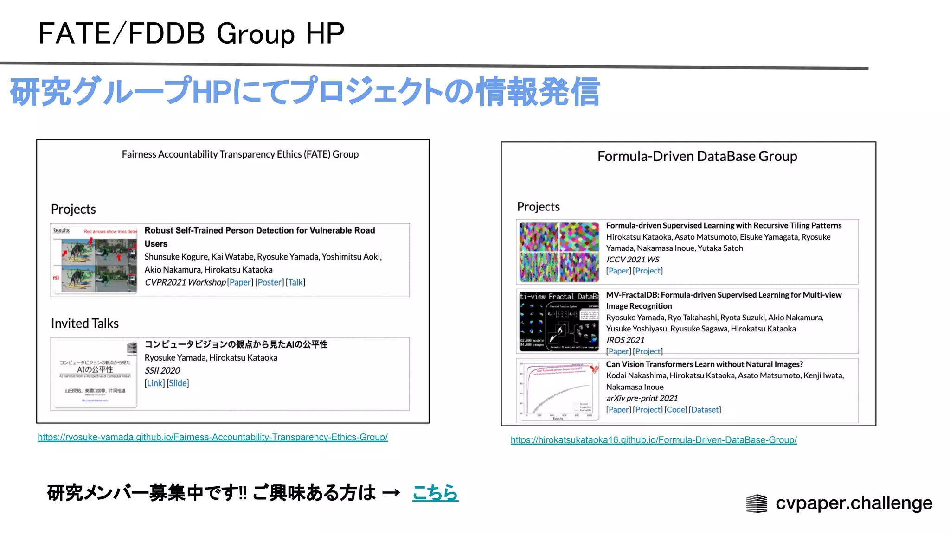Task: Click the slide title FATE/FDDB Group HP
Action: pos(191,33)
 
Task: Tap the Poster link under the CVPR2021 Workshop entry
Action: pos(269,282)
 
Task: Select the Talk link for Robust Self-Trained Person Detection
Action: pos(295,282)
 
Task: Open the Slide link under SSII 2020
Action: pos(178,383)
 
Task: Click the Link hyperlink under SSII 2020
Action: pos(154,383)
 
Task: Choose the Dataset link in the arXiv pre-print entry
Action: pos(705,410)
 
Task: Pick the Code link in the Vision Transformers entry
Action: pos(676,410)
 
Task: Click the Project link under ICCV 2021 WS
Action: pos(648,271)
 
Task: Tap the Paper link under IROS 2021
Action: pos(619,351)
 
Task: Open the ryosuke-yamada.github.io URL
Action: pos(212,437)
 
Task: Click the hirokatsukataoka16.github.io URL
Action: pos(654,440)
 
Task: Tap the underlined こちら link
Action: pos(435,493)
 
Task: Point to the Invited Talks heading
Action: pos(85,324)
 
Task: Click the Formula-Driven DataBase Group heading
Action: pos(697,157)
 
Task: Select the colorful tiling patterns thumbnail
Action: pos(559,252)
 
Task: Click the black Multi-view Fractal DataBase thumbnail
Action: pos(559,321)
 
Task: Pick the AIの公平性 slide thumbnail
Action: pos(95,374)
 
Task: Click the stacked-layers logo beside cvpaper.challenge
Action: pos(757,503)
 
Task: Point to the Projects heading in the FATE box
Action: pos(73,210)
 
